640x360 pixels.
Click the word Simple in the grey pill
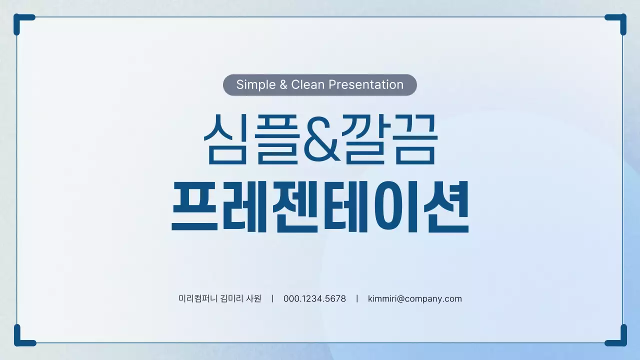click(255, 85)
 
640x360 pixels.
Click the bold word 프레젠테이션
click(320, 206)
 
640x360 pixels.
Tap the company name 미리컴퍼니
click(197, 299)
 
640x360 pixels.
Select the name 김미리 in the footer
click(231, 299)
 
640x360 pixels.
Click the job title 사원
click(253, 299)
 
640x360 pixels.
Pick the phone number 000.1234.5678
click(314, 299)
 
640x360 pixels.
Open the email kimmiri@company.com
click(414, 299)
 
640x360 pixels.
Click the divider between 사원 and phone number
click(272, 299)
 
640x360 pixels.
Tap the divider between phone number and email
click(357, 299)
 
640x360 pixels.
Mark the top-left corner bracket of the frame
click(20, 21)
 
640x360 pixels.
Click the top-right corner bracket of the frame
click(619, 21)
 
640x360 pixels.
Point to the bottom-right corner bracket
click(619, 339)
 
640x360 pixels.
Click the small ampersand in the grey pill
click(283, 85)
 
